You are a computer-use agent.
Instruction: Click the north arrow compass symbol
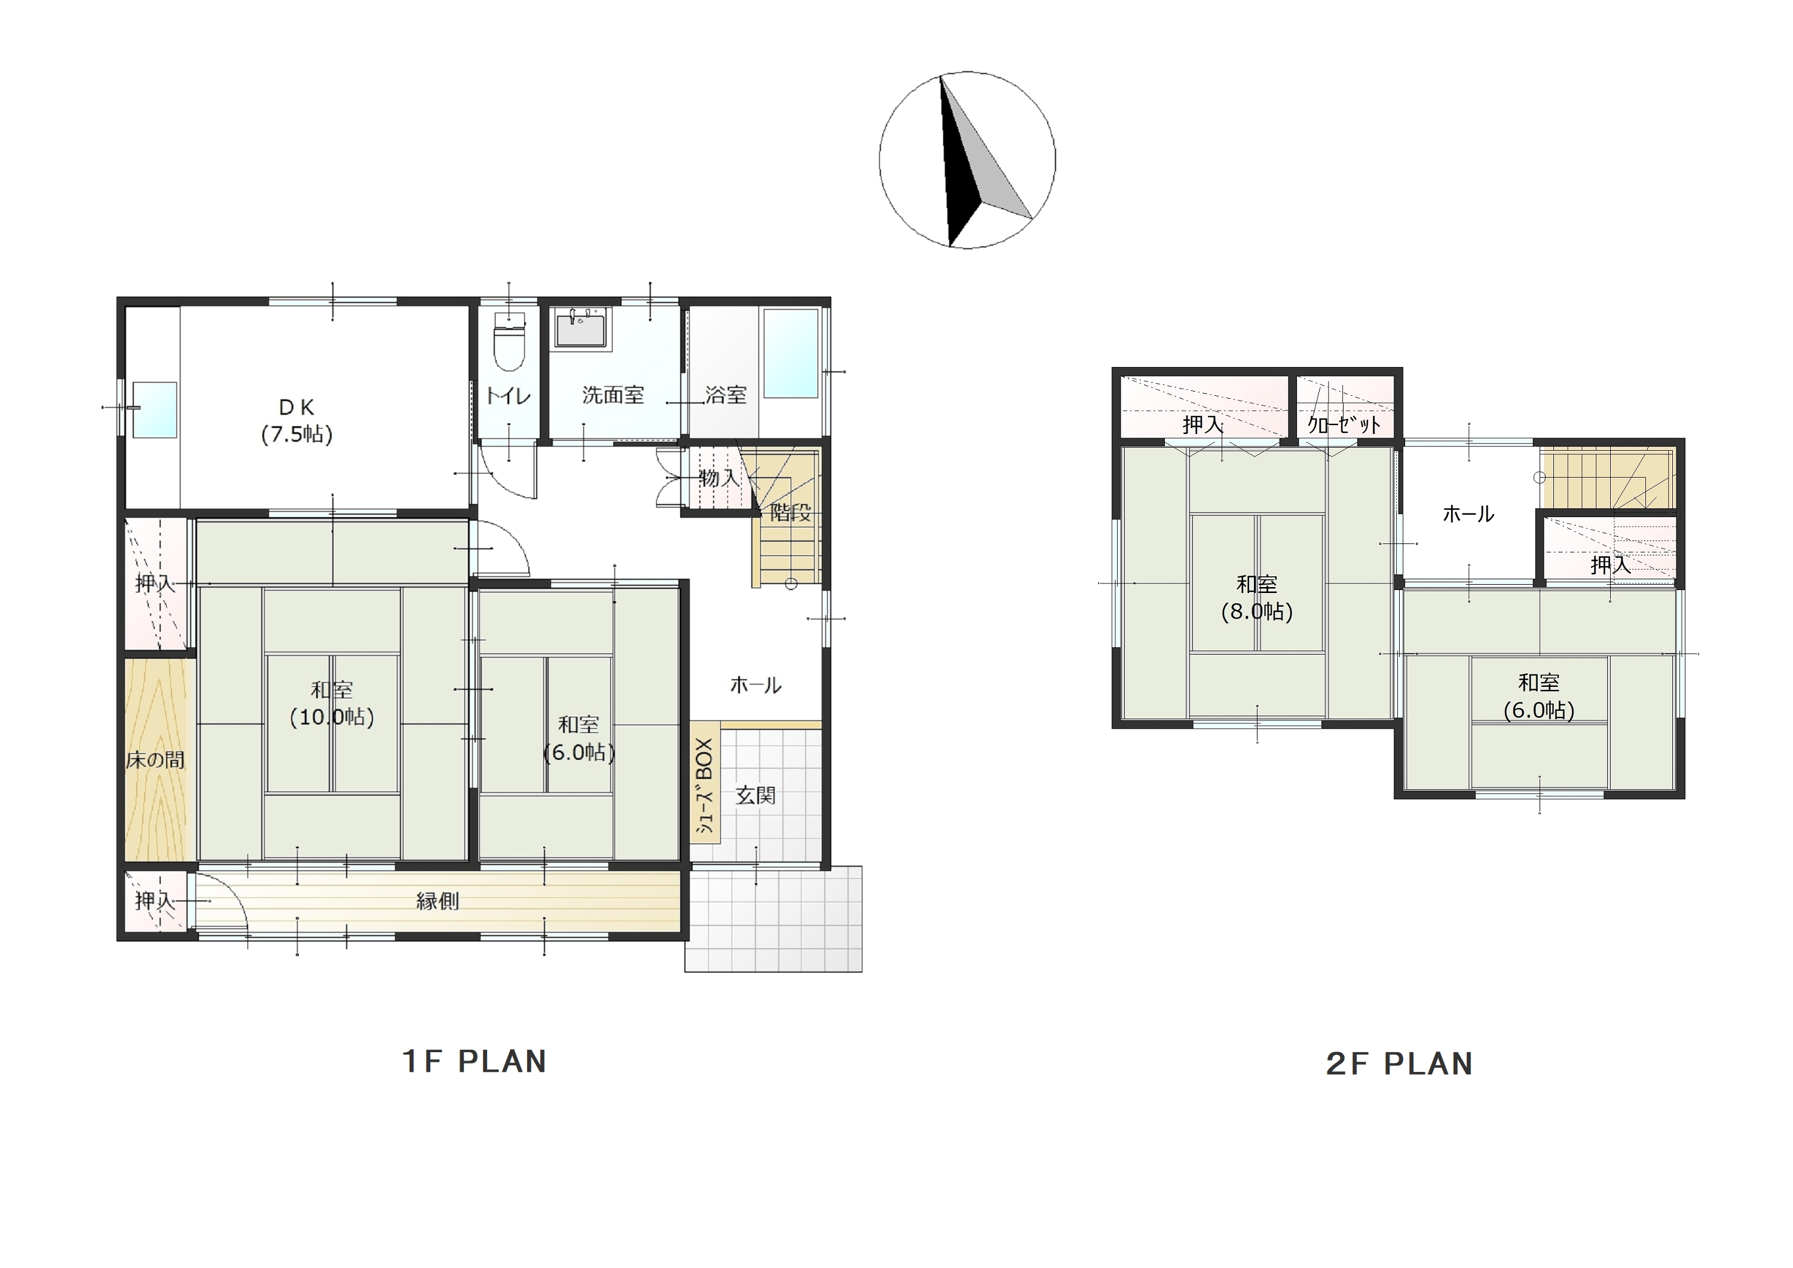click(x=967, y=160)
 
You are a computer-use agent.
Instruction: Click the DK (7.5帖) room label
click(x=297, y=420)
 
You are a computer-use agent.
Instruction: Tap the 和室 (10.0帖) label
click(x=332, y=703)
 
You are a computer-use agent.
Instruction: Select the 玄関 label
click(x=756, y=795)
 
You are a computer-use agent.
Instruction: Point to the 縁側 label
click(x=437, y=902)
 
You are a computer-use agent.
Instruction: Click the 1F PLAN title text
click(x=474, y=1062)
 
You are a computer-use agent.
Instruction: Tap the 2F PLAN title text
click(x=1399, y=1064)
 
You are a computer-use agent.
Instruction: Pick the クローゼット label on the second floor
click(x=1344, y=424)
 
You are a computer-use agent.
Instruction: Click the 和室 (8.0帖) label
click(x=1257, y=598)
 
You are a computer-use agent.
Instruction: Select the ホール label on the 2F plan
click(x=1468, y=514)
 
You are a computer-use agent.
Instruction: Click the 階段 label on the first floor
click(x=790, y=512)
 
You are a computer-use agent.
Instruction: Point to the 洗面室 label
click(x=613, y=395)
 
